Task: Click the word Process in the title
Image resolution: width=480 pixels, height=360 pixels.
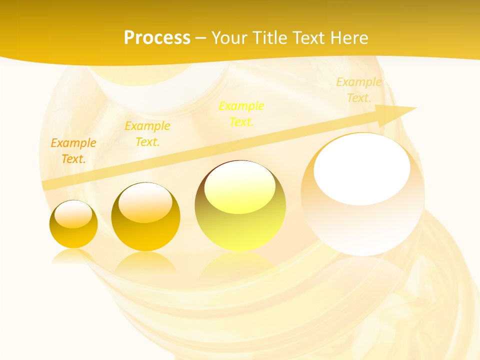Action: point(157,38)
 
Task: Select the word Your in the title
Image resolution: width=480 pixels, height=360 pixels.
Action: point(230,38)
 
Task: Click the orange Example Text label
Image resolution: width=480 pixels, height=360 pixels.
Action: point(73,150)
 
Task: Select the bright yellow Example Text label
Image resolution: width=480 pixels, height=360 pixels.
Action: point(241,113)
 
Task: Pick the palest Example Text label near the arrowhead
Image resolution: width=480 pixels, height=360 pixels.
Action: point(359,90)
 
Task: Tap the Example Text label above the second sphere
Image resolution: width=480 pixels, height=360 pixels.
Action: point(147,133)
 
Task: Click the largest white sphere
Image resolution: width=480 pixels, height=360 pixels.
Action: point(362,220)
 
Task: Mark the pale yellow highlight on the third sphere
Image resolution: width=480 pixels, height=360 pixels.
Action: point(240,187)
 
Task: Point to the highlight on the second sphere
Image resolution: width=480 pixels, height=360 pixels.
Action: point(145,202)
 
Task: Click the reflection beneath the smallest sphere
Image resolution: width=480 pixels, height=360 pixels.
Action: point(73,256)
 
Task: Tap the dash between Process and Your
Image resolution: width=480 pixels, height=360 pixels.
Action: point(201,38)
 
